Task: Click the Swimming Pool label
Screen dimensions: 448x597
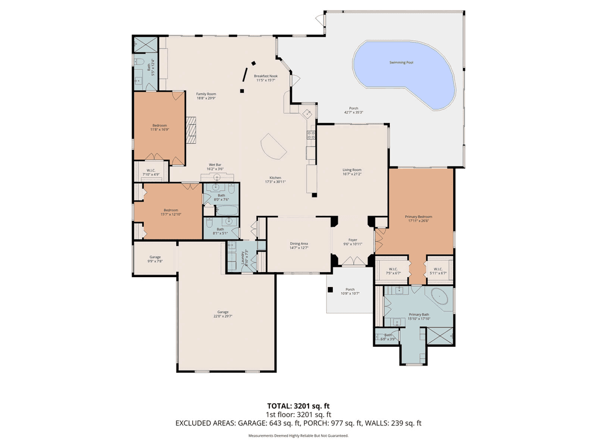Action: (x=402, y=62)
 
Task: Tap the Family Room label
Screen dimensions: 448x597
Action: (x=206, y=94)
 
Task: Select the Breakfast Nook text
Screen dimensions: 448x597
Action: (x=265, y=76)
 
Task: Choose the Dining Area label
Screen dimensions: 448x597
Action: (x=299, y=244)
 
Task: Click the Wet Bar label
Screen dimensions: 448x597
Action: (x=215, y=165)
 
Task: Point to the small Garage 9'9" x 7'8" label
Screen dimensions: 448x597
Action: (x=155, y=257)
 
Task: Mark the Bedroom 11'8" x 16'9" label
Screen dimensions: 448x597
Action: (x=160, y=126)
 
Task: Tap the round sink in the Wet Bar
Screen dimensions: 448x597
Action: (x=217, y=178)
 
